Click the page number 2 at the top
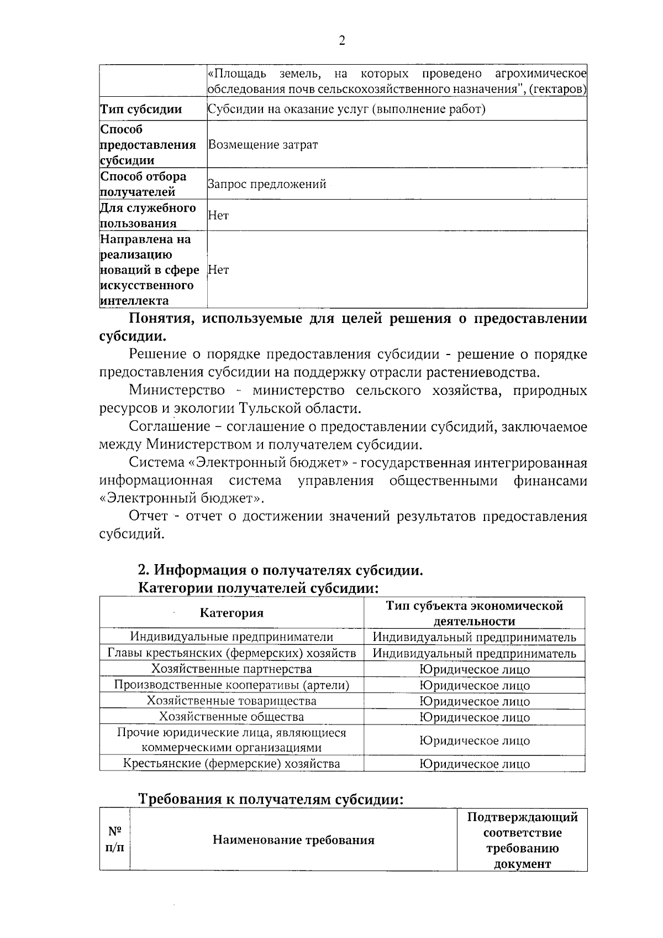click(x=341, y=41)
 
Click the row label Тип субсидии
click(x=141, y=110)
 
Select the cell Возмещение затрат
click(x=262, y=145)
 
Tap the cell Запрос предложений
click(x=267, y=184)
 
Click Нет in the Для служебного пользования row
click(x=218, y=216)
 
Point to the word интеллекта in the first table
click(x=134, y=301)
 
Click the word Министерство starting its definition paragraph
click(x=177, y=390)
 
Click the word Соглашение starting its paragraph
click(x=169, y=426)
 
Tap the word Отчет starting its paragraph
click(x=148, y=516)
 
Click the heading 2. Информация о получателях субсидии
click(x=280, y=570)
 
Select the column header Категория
click(x=231, y=613)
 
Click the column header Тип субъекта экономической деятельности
click(x=474, y=613)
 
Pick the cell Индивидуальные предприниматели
click(x=231, y=637)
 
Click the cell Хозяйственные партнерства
click(x=231, y=669)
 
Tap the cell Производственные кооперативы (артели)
click(x=231, y=685)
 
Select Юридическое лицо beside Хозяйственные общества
click(x=474, y=717)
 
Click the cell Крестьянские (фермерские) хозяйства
click(x=231, y=764)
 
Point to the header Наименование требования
click(x=293, y=840)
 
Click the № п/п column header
click(x=114, y=840)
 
